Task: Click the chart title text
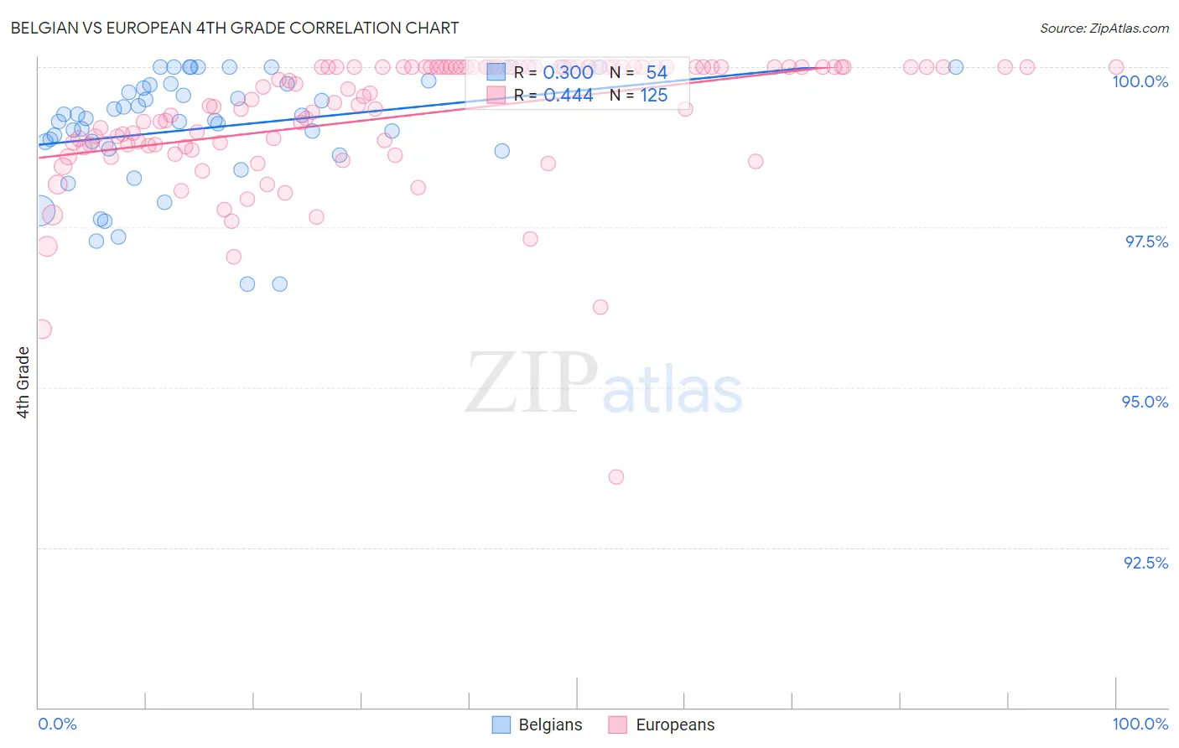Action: [x=235, y=28]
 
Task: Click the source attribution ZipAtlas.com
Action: [x=1104, y=28]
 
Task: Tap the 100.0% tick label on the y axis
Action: [x=1140, y=81]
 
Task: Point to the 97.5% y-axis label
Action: [x=1146, y=242]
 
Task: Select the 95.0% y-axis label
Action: [x=1145, y=402]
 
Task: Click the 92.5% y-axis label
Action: [x=1145, y=563]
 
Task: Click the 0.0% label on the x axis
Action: [x=57, y=724]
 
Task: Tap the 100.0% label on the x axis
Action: [x=1140, y=724]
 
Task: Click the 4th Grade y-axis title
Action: [x=23, y=382]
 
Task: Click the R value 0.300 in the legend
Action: [x=568, y=73]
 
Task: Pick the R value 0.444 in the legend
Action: [x=568, y=96]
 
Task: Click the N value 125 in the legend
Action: [x=654, y=96]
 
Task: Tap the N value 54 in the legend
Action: [x=656, y=73]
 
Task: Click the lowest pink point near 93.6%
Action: [x=616, y=477]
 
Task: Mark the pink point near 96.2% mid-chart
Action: [x=600, y=307]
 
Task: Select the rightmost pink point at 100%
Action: [x=1116, y=67]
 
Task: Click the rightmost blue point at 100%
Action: [x=956, y=67]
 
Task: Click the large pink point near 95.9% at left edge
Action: [x=41, y=329]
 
